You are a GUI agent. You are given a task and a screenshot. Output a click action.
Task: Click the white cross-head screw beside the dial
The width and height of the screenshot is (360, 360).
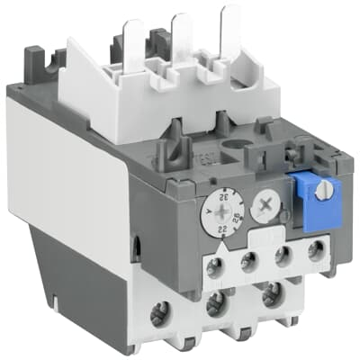264,204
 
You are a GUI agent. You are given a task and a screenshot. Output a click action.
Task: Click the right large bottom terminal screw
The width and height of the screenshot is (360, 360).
268,298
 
